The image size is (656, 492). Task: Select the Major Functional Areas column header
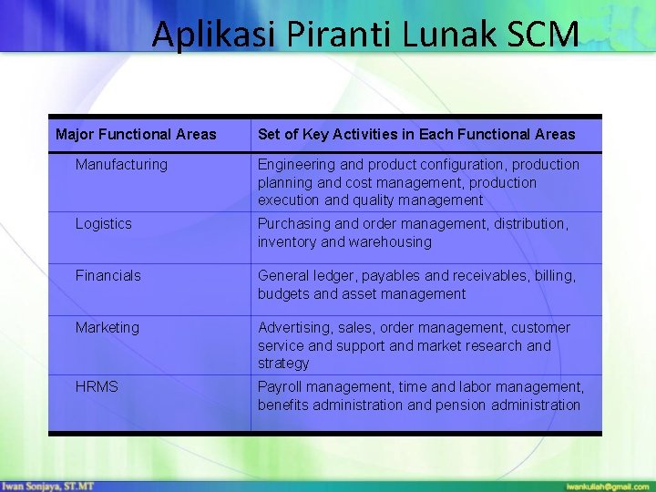[136, 135]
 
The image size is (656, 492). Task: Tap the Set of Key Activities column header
[416, 135]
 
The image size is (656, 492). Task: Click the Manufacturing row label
[121, 165]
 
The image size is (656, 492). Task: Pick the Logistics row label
[103, 224]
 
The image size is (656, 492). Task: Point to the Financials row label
[108, 275]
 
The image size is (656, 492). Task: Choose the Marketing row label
[107, 327]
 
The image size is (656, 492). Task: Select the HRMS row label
[97, 386]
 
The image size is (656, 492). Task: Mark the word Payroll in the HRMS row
[279, 386]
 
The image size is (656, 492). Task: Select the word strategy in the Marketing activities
[283, 364]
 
